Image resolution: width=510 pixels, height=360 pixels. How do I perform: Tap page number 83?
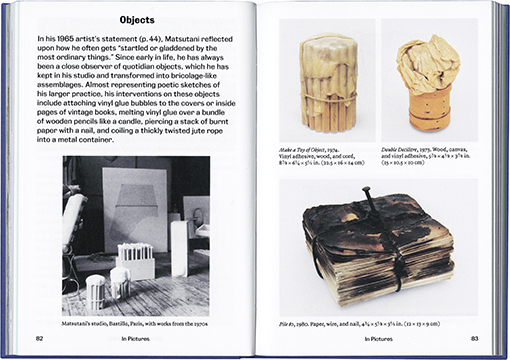[x=474, y=340]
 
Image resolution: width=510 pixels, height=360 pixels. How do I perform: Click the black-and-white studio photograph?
[x=123, y=236]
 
